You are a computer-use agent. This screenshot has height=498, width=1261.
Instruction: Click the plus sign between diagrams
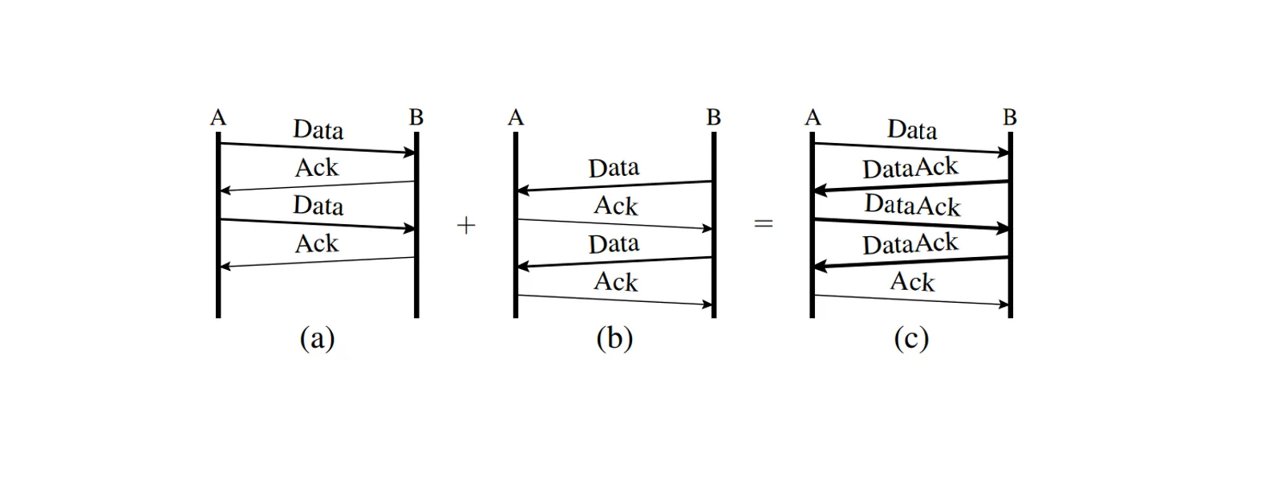pyautogui.click(x=466, y=226)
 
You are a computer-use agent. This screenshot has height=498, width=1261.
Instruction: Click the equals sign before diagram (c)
pyautogui.click(x=764, y=224)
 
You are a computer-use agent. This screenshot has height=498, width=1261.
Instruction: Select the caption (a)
pyautogui.click(x=317, y=338)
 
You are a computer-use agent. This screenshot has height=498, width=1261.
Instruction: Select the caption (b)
pyautogui.click(x=614, y=338)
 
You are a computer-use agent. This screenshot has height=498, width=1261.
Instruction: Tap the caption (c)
pyautogui.click(x=911, y=338)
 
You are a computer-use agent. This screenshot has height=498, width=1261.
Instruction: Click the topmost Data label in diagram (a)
pyautogui.click(x=318, y=129)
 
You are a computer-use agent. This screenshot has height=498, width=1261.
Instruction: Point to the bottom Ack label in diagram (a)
pyautogui.click(x=317, y=243)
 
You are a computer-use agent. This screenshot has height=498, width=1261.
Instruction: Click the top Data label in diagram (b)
pyautogui.click(x=614, y=168)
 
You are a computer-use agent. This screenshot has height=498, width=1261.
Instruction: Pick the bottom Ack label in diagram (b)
pyautogui.click(x=615, y=282)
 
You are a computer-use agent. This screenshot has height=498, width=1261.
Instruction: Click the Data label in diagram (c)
pyautogui.click(x=912, y=129)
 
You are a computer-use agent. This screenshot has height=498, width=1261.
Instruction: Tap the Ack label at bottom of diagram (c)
pyautogui.click(x=912, y=282)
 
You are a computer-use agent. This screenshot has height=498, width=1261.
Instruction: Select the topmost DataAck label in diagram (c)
pyautogui.click(x=910, y=168)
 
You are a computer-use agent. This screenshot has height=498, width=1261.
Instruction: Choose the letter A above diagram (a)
pyautogui.click(x=218, y=118)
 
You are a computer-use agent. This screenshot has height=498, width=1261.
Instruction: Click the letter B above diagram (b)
pyautogui.click(x=713, y=118)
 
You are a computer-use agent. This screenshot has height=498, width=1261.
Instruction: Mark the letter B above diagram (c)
pyautogui.click(x=1010, y=118)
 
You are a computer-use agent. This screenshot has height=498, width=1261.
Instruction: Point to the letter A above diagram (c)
pyautogui.click(x=813, y=118)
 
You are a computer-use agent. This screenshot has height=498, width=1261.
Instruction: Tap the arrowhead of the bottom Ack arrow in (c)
pyautogui.click(x=1004, y=304)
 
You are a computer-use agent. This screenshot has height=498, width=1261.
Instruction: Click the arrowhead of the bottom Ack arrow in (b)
pyautogui.click(x=707, y=304)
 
